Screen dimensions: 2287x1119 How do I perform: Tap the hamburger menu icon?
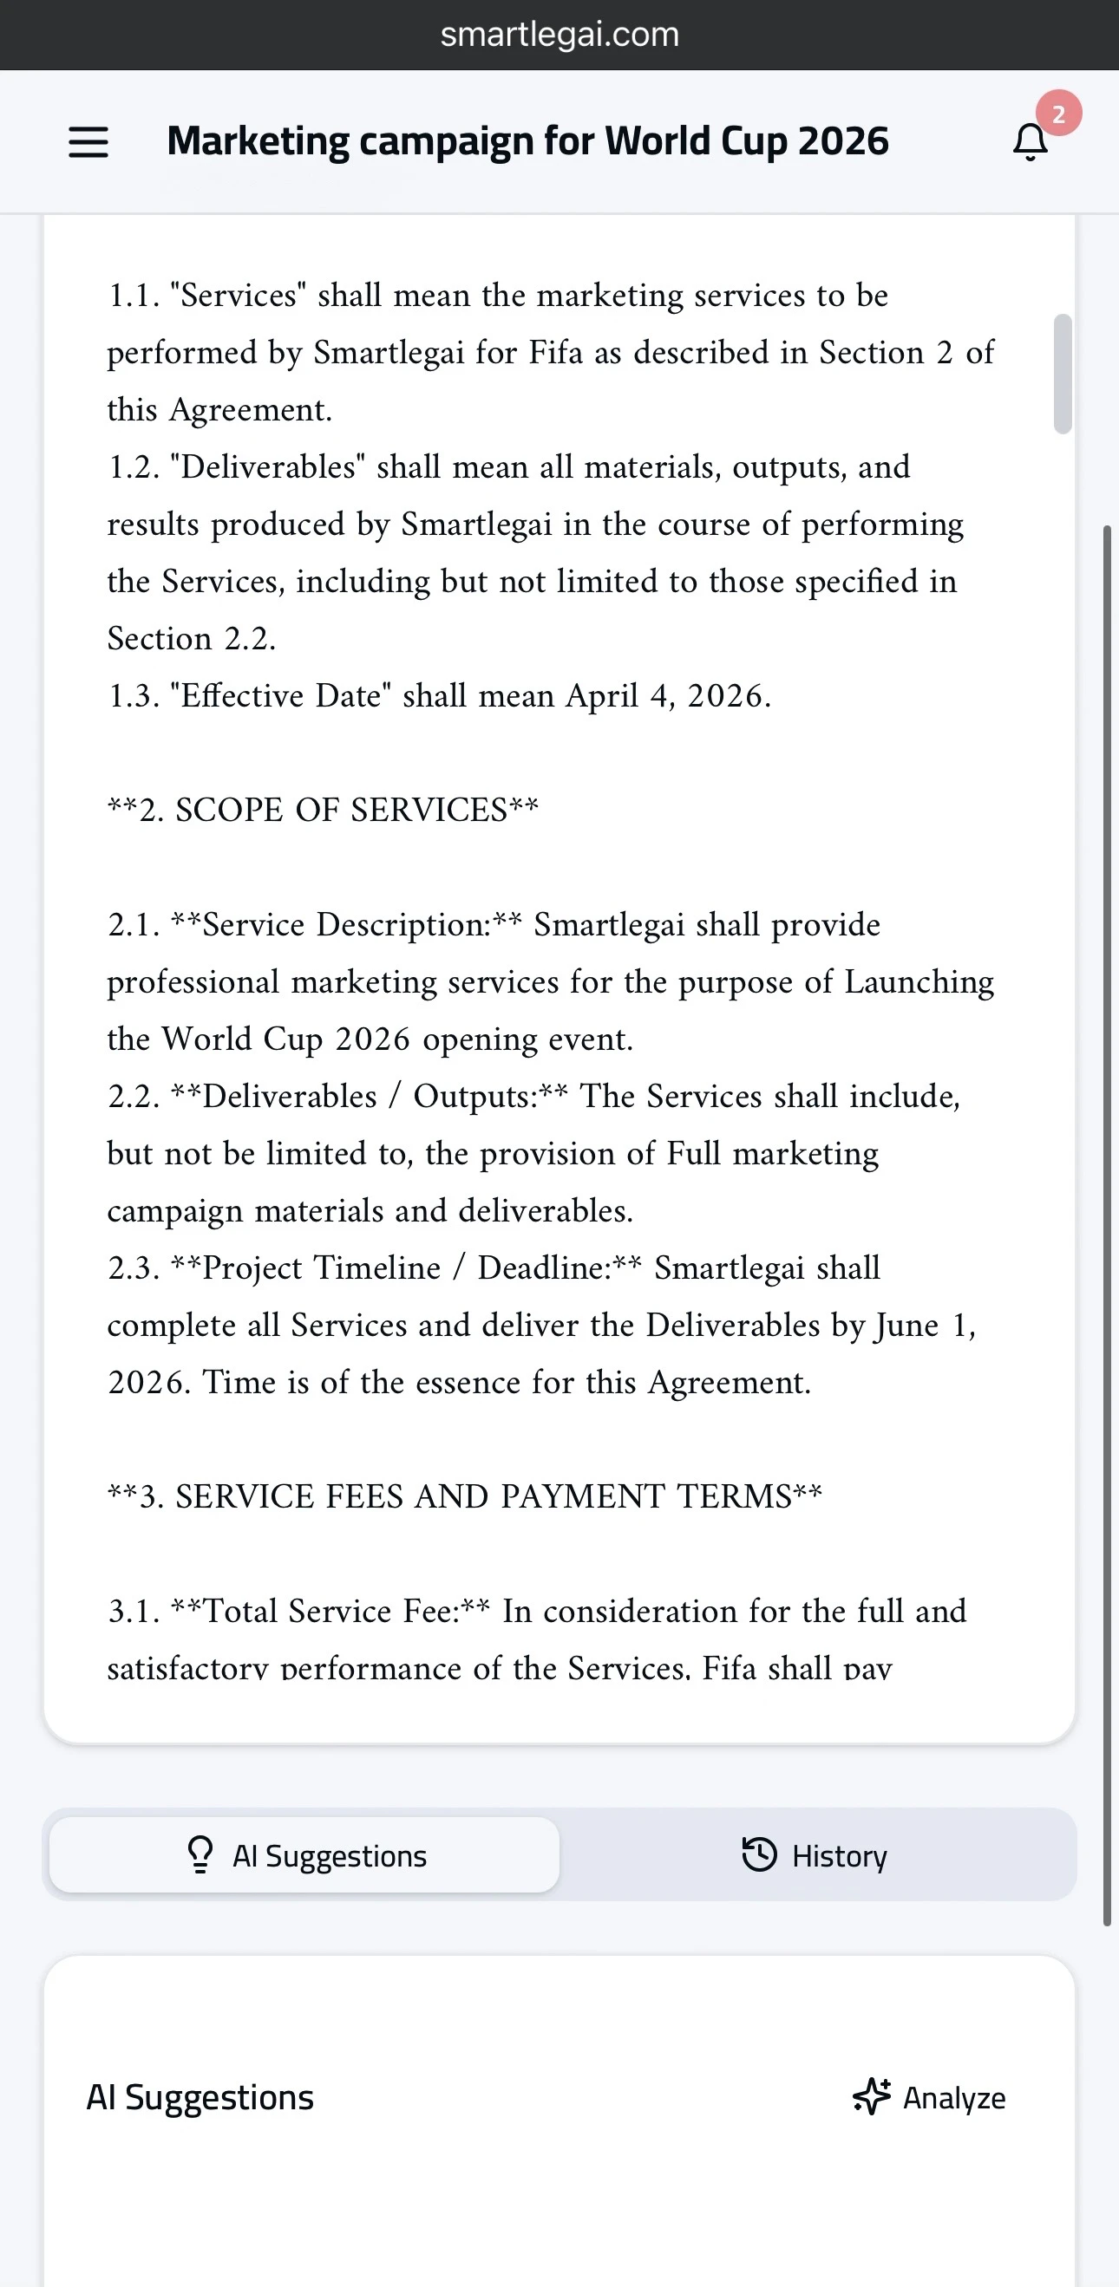88,142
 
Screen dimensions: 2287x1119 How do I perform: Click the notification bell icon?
1031,142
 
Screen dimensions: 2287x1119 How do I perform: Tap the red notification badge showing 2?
1057,114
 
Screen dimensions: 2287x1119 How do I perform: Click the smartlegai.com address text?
559,35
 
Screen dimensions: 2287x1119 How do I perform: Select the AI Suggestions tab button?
304,1855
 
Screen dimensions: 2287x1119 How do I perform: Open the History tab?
815,1855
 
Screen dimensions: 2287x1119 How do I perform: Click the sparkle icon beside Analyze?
871,2097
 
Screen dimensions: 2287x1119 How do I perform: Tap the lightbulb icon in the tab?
200,1854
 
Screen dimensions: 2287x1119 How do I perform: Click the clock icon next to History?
758,1854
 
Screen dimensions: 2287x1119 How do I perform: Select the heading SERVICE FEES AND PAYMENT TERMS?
483,1496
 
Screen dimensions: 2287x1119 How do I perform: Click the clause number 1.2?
134,467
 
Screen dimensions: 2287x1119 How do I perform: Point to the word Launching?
919,982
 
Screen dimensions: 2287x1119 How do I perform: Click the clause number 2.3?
134,1267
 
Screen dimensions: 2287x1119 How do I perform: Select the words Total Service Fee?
330,1611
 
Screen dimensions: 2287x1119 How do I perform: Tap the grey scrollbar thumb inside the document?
1062,374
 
